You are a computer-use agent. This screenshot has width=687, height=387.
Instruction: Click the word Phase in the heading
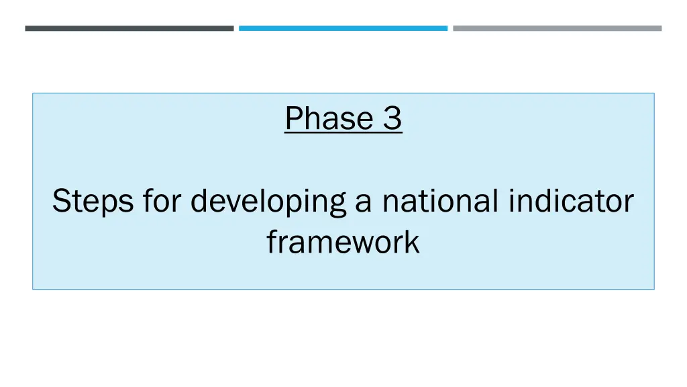pos(329,119)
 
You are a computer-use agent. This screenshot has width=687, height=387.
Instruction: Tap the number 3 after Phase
pos(392,119)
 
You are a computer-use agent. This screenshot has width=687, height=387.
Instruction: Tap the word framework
pos(343,242)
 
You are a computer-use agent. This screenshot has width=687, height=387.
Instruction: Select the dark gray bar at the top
pos(129,28)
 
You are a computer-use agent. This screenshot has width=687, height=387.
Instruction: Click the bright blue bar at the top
pos(343,28)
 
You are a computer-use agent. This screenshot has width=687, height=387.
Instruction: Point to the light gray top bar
pos(557,28)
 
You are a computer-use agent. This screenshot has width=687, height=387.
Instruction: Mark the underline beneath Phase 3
pos(343,133)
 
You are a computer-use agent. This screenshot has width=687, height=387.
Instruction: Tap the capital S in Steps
pos(61,201)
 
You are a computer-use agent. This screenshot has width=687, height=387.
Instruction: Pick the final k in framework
pos(413,242)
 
